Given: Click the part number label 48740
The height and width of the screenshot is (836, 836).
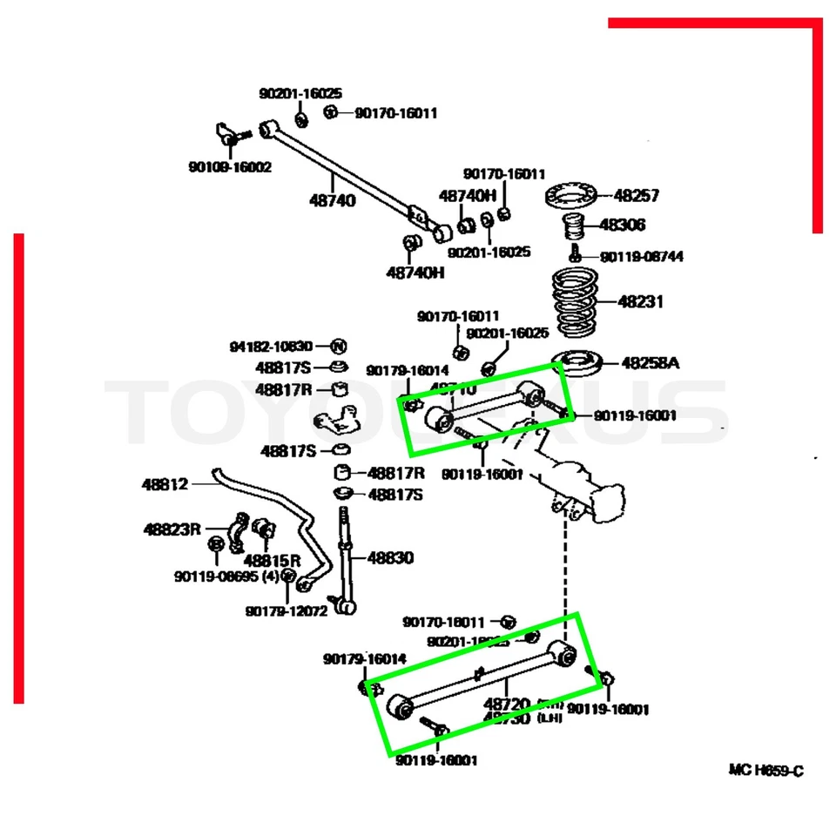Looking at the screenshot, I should (332, 200).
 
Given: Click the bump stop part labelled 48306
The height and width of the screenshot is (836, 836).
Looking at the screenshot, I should (575, 228).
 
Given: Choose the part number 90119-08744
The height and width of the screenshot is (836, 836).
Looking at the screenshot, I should (642, 257).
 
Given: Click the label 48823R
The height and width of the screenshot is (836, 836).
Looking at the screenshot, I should (172, 529).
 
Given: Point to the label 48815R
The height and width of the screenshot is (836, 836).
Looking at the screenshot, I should (272, 559).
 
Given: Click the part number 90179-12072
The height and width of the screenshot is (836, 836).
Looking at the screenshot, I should (286, 610).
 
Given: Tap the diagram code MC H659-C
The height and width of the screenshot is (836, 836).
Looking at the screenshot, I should (765, 770).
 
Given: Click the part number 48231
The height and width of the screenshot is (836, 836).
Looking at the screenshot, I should (641, 302).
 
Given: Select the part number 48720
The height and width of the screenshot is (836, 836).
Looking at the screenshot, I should (507, 703).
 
